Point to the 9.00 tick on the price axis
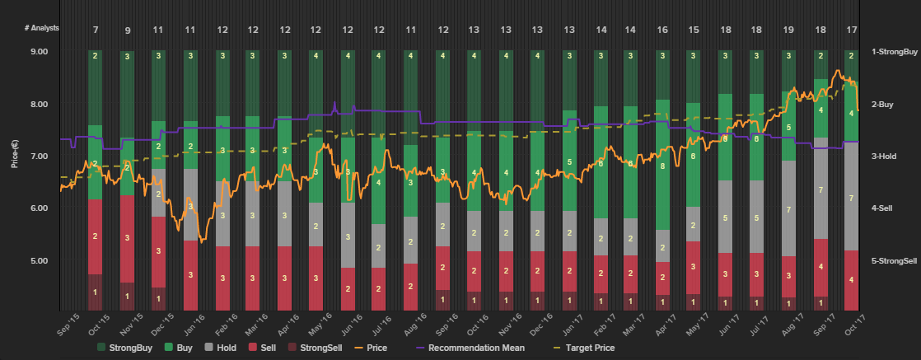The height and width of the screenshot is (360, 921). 39,52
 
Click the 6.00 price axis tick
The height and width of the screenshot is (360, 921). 39,208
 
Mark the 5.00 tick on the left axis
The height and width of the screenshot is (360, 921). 39,261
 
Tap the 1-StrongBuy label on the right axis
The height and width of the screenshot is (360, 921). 894,52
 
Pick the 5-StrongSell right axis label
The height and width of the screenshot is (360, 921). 894,261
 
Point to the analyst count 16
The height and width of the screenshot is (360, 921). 662,30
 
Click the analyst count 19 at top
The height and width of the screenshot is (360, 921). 788,30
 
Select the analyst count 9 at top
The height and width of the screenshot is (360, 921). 127,30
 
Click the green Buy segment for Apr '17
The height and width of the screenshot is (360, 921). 662,165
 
